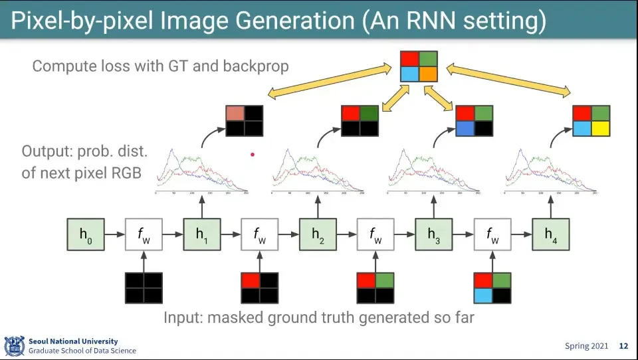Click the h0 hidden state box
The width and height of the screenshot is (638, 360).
point(85,234)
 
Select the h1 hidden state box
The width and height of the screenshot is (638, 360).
point(201,234)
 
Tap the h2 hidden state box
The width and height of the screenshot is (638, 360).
point(318,234)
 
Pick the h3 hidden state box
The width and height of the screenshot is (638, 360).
point(434,234)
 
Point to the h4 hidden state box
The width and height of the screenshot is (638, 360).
point(550,234)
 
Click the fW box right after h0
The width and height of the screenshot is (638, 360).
point(144,234)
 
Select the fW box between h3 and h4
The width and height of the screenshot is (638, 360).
point(492,234)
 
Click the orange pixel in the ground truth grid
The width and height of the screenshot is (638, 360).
point(427,74)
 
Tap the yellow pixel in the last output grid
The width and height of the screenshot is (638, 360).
point(601,129)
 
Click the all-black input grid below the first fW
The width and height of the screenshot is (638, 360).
point(144,287)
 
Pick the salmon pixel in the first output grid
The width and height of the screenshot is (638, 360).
point(235,113)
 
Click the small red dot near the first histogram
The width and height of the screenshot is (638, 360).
point(253,155)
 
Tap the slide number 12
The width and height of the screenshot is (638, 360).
point(623,346)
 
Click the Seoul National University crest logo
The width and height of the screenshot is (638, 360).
point(15,346)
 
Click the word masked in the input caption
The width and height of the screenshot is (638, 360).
point(234,317)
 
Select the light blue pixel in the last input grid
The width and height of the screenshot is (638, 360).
point(483,296)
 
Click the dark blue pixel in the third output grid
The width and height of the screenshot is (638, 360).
point(465,129)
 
